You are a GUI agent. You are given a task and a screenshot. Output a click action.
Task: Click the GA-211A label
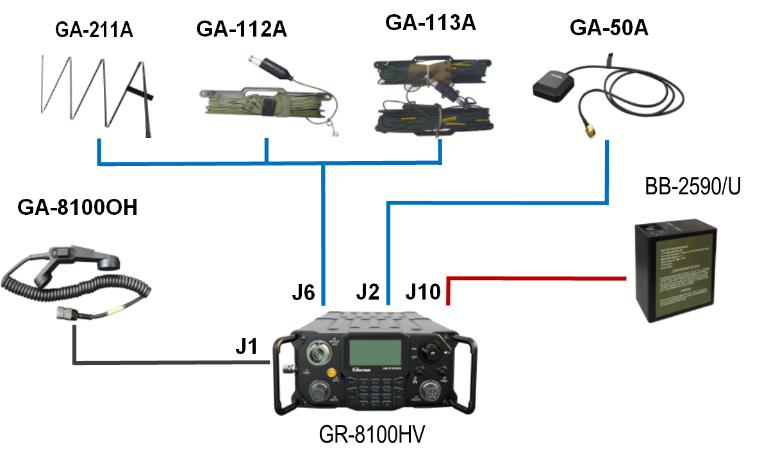(x=94, y=30)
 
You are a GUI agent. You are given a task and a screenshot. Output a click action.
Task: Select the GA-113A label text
(x=431, y=23)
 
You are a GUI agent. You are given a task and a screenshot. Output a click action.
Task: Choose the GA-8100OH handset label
(x=78, y=208)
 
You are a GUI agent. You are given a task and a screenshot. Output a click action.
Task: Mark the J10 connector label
(x=423, y=293)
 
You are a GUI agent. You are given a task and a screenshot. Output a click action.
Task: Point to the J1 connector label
(x=245, y=347)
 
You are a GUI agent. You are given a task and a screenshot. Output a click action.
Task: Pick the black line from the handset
(x=167, y=363)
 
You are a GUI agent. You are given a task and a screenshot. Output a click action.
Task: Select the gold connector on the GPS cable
(x=589, y=133)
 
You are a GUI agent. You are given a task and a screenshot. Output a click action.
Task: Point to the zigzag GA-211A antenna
(x=96, y=93)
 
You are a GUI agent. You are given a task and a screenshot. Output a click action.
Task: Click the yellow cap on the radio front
(x=332, y=373)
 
